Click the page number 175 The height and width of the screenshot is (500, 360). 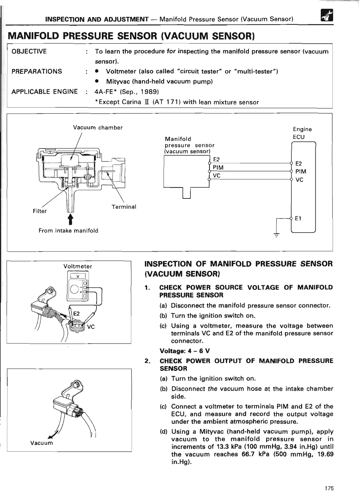tap(329, 488)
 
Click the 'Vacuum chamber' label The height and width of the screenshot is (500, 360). tap(98, 128)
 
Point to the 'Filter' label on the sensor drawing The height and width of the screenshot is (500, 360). tap(40, 211)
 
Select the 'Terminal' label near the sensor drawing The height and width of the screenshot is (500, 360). tap(124, 207)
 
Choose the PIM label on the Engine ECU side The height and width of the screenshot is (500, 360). tap(300, 172)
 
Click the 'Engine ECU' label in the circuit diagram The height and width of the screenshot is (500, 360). tap(302, 133)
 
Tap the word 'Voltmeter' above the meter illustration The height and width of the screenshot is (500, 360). tap(78, 266)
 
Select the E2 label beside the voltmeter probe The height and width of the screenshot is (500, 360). tap(77, 314)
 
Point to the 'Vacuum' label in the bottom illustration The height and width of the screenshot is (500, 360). tap(41, 443)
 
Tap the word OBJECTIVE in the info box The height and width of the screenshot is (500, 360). tap(29, 51)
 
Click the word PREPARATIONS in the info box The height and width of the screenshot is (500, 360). tap(37, 71)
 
